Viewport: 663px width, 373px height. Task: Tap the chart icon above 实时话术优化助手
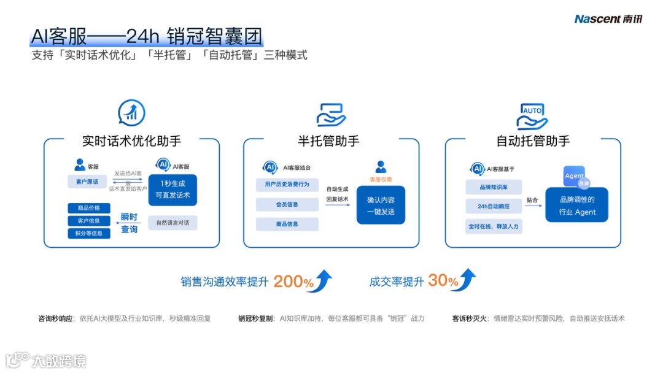pos(131,113)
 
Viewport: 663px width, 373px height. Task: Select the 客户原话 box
pos(87,182)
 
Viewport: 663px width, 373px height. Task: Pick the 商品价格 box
pos(89,208)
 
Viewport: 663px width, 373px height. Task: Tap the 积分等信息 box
pos(89,233)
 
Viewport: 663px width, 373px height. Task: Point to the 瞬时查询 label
pos(129,223)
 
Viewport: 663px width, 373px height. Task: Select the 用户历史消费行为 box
pos(287,185)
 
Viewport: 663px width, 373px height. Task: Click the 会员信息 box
pos(287,204)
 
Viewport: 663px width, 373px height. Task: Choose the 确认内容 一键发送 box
pos(381,206)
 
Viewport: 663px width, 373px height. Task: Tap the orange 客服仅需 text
pos(381,179)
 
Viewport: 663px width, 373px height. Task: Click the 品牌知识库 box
pos(494,187)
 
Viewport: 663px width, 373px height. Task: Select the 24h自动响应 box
pos(494,206)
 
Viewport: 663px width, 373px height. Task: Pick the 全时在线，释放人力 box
pos(494,226)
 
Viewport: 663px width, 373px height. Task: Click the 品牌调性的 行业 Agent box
pos(577,206)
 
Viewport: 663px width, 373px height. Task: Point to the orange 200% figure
pos(293,282)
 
